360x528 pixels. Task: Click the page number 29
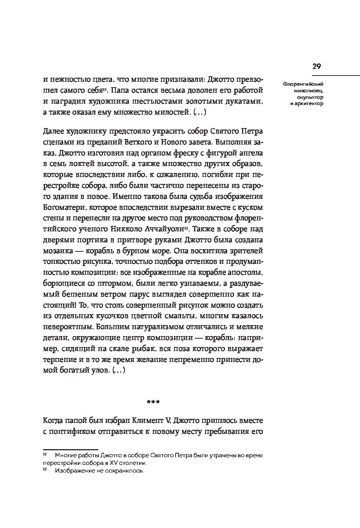316,66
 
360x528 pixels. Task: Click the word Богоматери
64,208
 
